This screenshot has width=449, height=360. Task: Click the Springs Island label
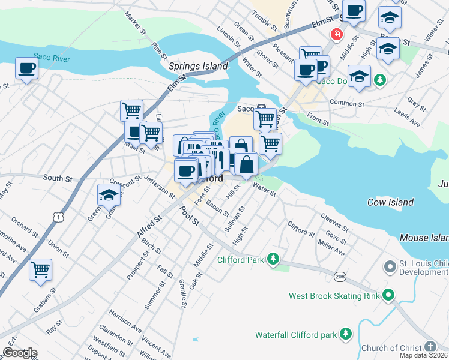[x=199, y=67]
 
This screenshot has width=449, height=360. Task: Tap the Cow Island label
[x=391, y=203]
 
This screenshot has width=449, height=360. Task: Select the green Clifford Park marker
[x=274, y=259]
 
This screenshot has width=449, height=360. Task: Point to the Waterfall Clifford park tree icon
[x=345, y=333]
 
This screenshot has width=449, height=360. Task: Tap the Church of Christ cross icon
[x=430, y=346]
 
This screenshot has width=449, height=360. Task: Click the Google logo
[x=19, y=352]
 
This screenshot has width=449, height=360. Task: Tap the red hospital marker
[x=331, y=34]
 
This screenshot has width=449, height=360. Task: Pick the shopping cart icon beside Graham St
[x=41, y=270]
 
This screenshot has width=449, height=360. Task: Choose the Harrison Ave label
[x=125, y=321]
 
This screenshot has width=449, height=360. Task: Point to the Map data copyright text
[x=423, y=355]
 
